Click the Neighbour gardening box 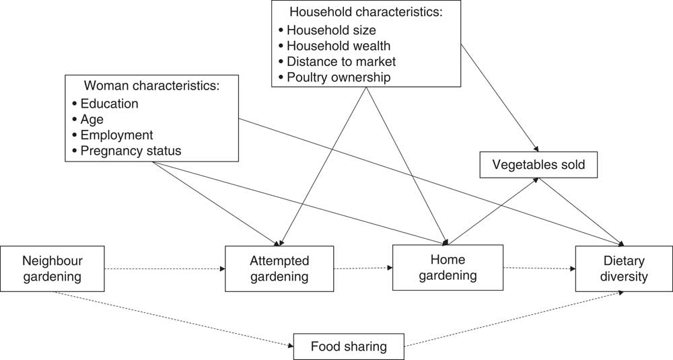pos(53,268)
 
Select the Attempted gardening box pos(279,268)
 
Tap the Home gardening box pos(448,267)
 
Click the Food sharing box pos(348,347)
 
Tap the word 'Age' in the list pos(92,119)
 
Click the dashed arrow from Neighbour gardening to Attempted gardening pos(165,269)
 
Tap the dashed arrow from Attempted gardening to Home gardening pos(363,268)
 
